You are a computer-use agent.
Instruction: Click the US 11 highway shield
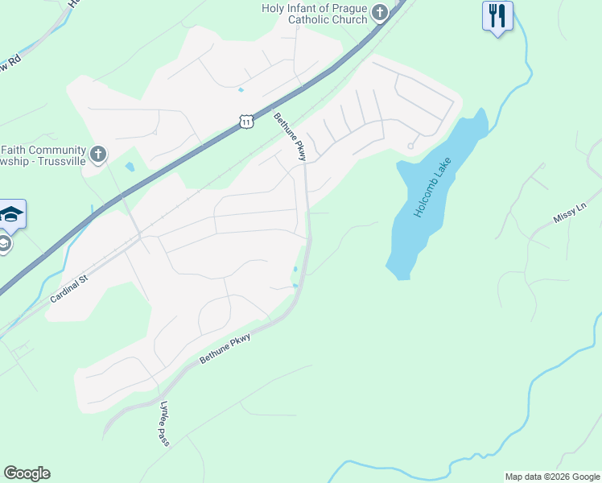pos(246,121)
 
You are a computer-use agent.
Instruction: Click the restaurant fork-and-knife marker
pos(497,15)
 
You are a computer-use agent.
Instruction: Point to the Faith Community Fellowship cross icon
pos(97,154)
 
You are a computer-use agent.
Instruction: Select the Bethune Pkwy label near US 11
pos(290,137)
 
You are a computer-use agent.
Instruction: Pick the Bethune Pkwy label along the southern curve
pos(225,347)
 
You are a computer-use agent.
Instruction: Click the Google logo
pos(27,473)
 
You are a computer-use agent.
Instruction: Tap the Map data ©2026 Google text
pos(552,477)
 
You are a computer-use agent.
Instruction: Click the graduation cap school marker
pos(12,214)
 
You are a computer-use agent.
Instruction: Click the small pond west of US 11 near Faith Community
pos(130,167)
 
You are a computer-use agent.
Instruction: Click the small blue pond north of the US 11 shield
pos(241,90)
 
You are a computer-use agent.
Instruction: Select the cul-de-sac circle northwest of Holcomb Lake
pos(410,147)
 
